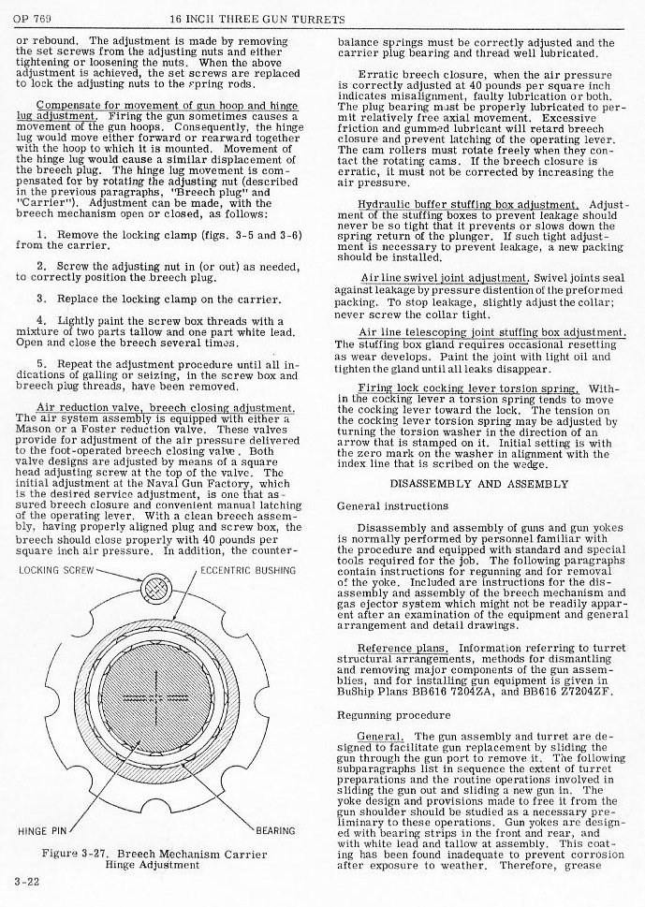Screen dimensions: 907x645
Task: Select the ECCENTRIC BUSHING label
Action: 248,569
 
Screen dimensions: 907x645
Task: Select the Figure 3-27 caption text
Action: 154,859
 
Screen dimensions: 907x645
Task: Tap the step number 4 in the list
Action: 40,321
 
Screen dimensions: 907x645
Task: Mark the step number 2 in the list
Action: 40,268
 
